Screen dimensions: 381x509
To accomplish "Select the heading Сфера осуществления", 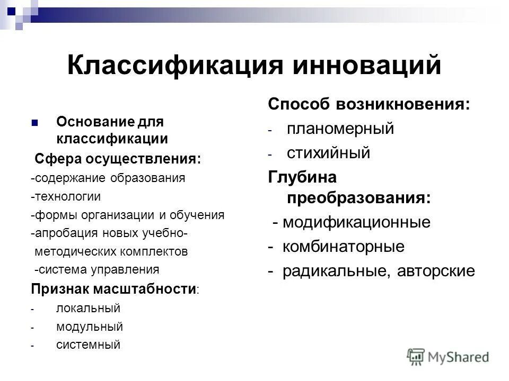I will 118,159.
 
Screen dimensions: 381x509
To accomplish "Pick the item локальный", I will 88,308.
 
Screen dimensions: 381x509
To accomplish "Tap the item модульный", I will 89,326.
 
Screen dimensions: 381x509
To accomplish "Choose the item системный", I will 88,345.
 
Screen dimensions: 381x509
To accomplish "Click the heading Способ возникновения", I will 369,104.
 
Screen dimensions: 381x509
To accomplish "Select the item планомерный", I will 340,129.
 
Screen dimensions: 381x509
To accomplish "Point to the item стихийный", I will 328,153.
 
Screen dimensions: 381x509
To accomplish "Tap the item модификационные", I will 356,222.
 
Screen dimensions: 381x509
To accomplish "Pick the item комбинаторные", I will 343,247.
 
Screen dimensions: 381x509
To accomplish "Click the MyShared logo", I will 448,356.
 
